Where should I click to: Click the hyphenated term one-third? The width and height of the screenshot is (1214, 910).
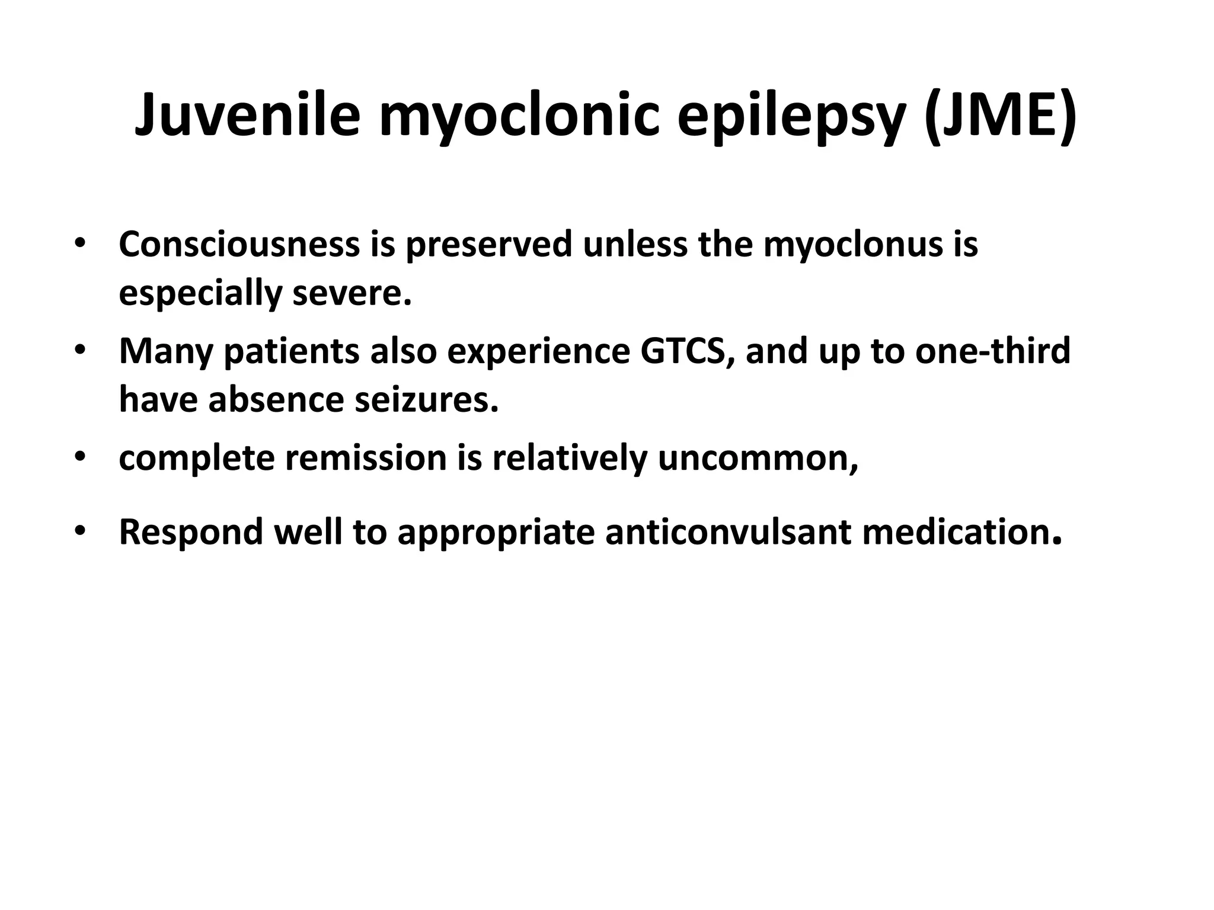[993, 351]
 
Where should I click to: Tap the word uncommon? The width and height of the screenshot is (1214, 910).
[758, 458]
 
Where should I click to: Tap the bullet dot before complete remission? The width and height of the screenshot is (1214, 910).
[81, 457]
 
